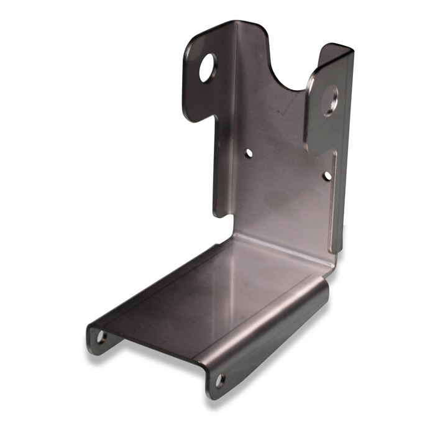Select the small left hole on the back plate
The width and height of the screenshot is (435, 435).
[249, 152]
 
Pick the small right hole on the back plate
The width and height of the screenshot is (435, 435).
[327, 176]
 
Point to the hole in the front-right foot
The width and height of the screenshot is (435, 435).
[219, 380]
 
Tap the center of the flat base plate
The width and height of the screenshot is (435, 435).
[211, 292]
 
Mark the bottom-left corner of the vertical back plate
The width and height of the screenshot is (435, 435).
[217, 214]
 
